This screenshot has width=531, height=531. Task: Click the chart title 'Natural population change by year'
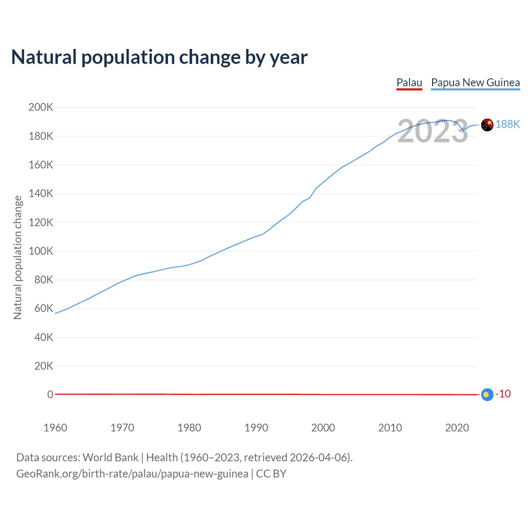(159, 57)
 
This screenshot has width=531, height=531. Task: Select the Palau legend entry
(409, 83)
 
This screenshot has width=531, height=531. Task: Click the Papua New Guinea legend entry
(475, 83)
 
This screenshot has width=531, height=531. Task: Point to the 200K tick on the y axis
(41, 107)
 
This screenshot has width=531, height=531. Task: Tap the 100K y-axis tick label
(41, 251)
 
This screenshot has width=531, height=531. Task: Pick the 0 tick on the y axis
(50, 395)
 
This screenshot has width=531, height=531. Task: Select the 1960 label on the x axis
(55, 428)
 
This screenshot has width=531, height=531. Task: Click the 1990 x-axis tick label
(256, 428)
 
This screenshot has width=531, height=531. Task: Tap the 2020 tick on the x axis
(457, 428)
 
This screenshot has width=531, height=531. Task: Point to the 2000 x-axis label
(323, 428)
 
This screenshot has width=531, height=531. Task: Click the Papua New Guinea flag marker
(487, 124)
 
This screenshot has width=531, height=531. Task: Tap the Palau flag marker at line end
(487, 395)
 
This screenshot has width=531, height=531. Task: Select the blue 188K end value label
(508, 124)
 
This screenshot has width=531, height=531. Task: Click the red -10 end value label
(503, 394)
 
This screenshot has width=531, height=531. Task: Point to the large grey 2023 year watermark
(433, 132)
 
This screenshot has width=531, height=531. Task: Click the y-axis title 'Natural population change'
(18, 258)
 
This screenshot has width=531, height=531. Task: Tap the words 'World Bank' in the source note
(110, 458)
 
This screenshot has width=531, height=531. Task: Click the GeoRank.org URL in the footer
(132, 474)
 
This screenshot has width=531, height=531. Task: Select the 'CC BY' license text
(271, 474)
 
